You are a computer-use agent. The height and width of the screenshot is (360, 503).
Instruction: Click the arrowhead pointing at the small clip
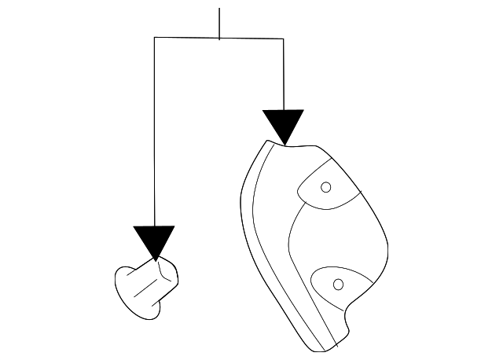point(154,241)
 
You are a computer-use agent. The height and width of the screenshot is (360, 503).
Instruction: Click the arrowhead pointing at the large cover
point(283,125)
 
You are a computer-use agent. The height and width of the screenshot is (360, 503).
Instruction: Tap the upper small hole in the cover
point(326,187)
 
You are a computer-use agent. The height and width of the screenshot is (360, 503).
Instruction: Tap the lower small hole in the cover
point(339,284)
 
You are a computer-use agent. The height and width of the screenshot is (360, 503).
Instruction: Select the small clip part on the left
point(147,288)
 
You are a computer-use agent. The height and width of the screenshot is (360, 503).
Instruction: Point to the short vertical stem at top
point(219,22)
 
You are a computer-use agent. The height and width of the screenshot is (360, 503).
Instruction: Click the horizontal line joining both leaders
point(189,37)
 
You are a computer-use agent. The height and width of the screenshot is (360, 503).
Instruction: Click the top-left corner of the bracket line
point(155,37)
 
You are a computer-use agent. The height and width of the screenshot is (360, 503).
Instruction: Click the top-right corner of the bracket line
point(283,37)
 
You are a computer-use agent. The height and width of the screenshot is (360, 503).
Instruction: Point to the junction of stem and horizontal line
point(219,37)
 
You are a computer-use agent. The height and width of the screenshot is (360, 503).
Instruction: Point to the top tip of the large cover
point(271,142)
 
